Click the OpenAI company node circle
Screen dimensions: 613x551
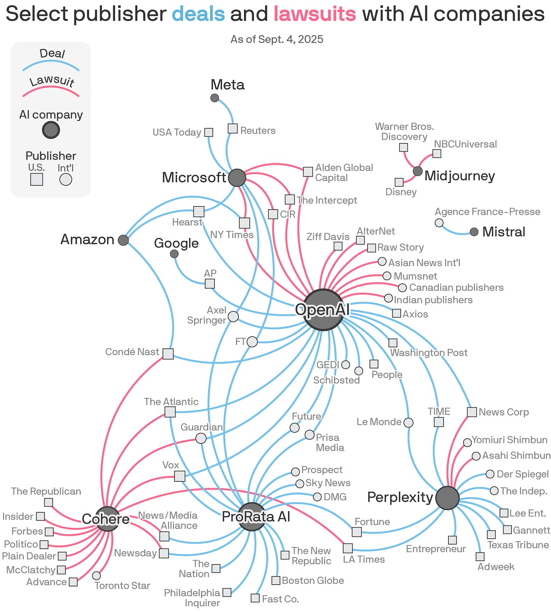pos(323,310)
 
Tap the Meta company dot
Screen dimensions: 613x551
pos(215,98)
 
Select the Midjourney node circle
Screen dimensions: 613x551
pos(417,171)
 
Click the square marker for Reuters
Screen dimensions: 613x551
pos(233,129)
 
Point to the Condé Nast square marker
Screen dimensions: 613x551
pos(168,354)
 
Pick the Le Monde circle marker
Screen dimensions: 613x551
pos(408,422)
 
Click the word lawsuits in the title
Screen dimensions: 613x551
pos(314,14)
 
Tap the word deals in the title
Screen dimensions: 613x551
pos(198,14)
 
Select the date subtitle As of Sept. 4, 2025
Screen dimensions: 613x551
pos(277,39)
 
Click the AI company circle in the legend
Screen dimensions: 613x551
pos(51,130)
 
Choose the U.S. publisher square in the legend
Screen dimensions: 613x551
pos(37,179)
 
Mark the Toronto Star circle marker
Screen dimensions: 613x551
pos(97,576)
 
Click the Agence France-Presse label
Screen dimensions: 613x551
pos(487,212)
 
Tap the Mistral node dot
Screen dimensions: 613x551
pos(474,232)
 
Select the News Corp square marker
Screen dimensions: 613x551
pos(472,412)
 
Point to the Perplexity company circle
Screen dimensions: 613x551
pos(447,498)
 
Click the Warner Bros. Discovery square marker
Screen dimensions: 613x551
pos(404,147)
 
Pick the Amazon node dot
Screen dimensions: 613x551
pos(123,240)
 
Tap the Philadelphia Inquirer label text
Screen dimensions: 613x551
pos(192,597)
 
